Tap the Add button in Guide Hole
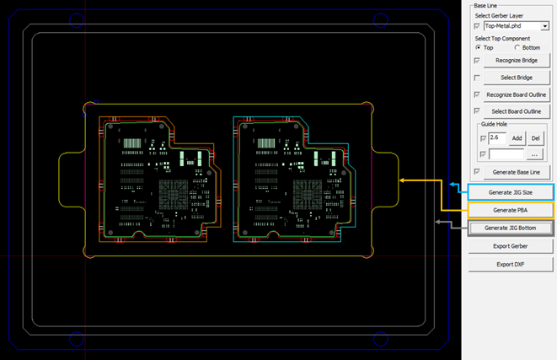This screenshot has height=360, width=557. click(x=517, y=137)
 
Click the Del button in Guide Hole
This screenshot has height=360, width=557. click(x=535, y=137)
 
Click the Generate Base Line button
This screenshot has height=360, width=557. click(x=517, y=172)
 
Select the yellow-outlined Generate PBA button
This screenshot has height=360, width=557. click(x=511, y=210)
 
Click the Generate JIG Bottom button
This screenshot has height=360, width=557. click(x=511, y=228)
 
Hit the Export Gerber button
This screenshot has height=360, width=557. click(x=511, y=246)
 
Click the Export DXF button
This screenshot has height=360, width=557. click(x=511, y=265)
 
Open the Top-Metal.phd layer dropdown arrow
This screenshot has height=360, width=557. click(x=544, y=27)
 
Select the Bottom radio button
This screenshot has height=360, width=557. click(x=517, y=47)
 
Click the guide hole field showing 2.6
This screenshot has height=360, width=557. click(x=497, y=137)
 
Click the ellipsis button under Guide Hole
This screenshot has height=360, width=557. click(x=534, y=154)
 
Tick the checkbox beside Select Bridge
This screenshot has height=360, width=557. click(x=479, y=78)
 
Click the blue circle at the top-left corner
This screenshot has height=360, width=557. click(x=76, y=19)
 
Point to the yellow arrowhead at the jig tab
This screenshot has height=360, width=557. click(x=404, y=180)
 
